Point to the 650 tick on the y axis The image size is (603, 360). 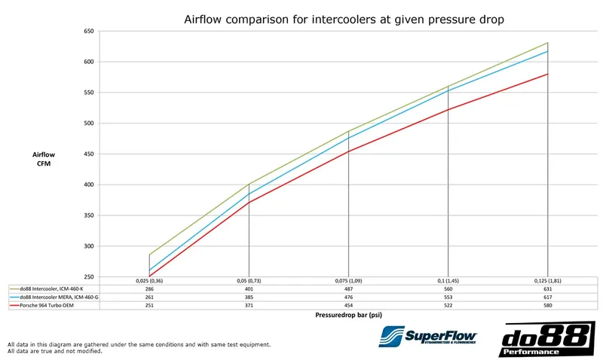tap(88, 32)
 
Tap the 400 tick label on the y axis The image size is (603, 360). tap(88, 185)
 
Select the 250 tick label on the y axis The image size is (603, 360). tap(88, 276)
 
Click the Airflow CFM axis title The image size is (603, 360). tap(44, 159)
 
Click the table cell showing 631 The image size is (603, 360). tap(548, 288)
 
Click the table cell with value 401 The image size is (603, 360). tap(248, 288)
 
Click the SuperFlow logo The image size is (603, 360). tap(427, 337)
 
